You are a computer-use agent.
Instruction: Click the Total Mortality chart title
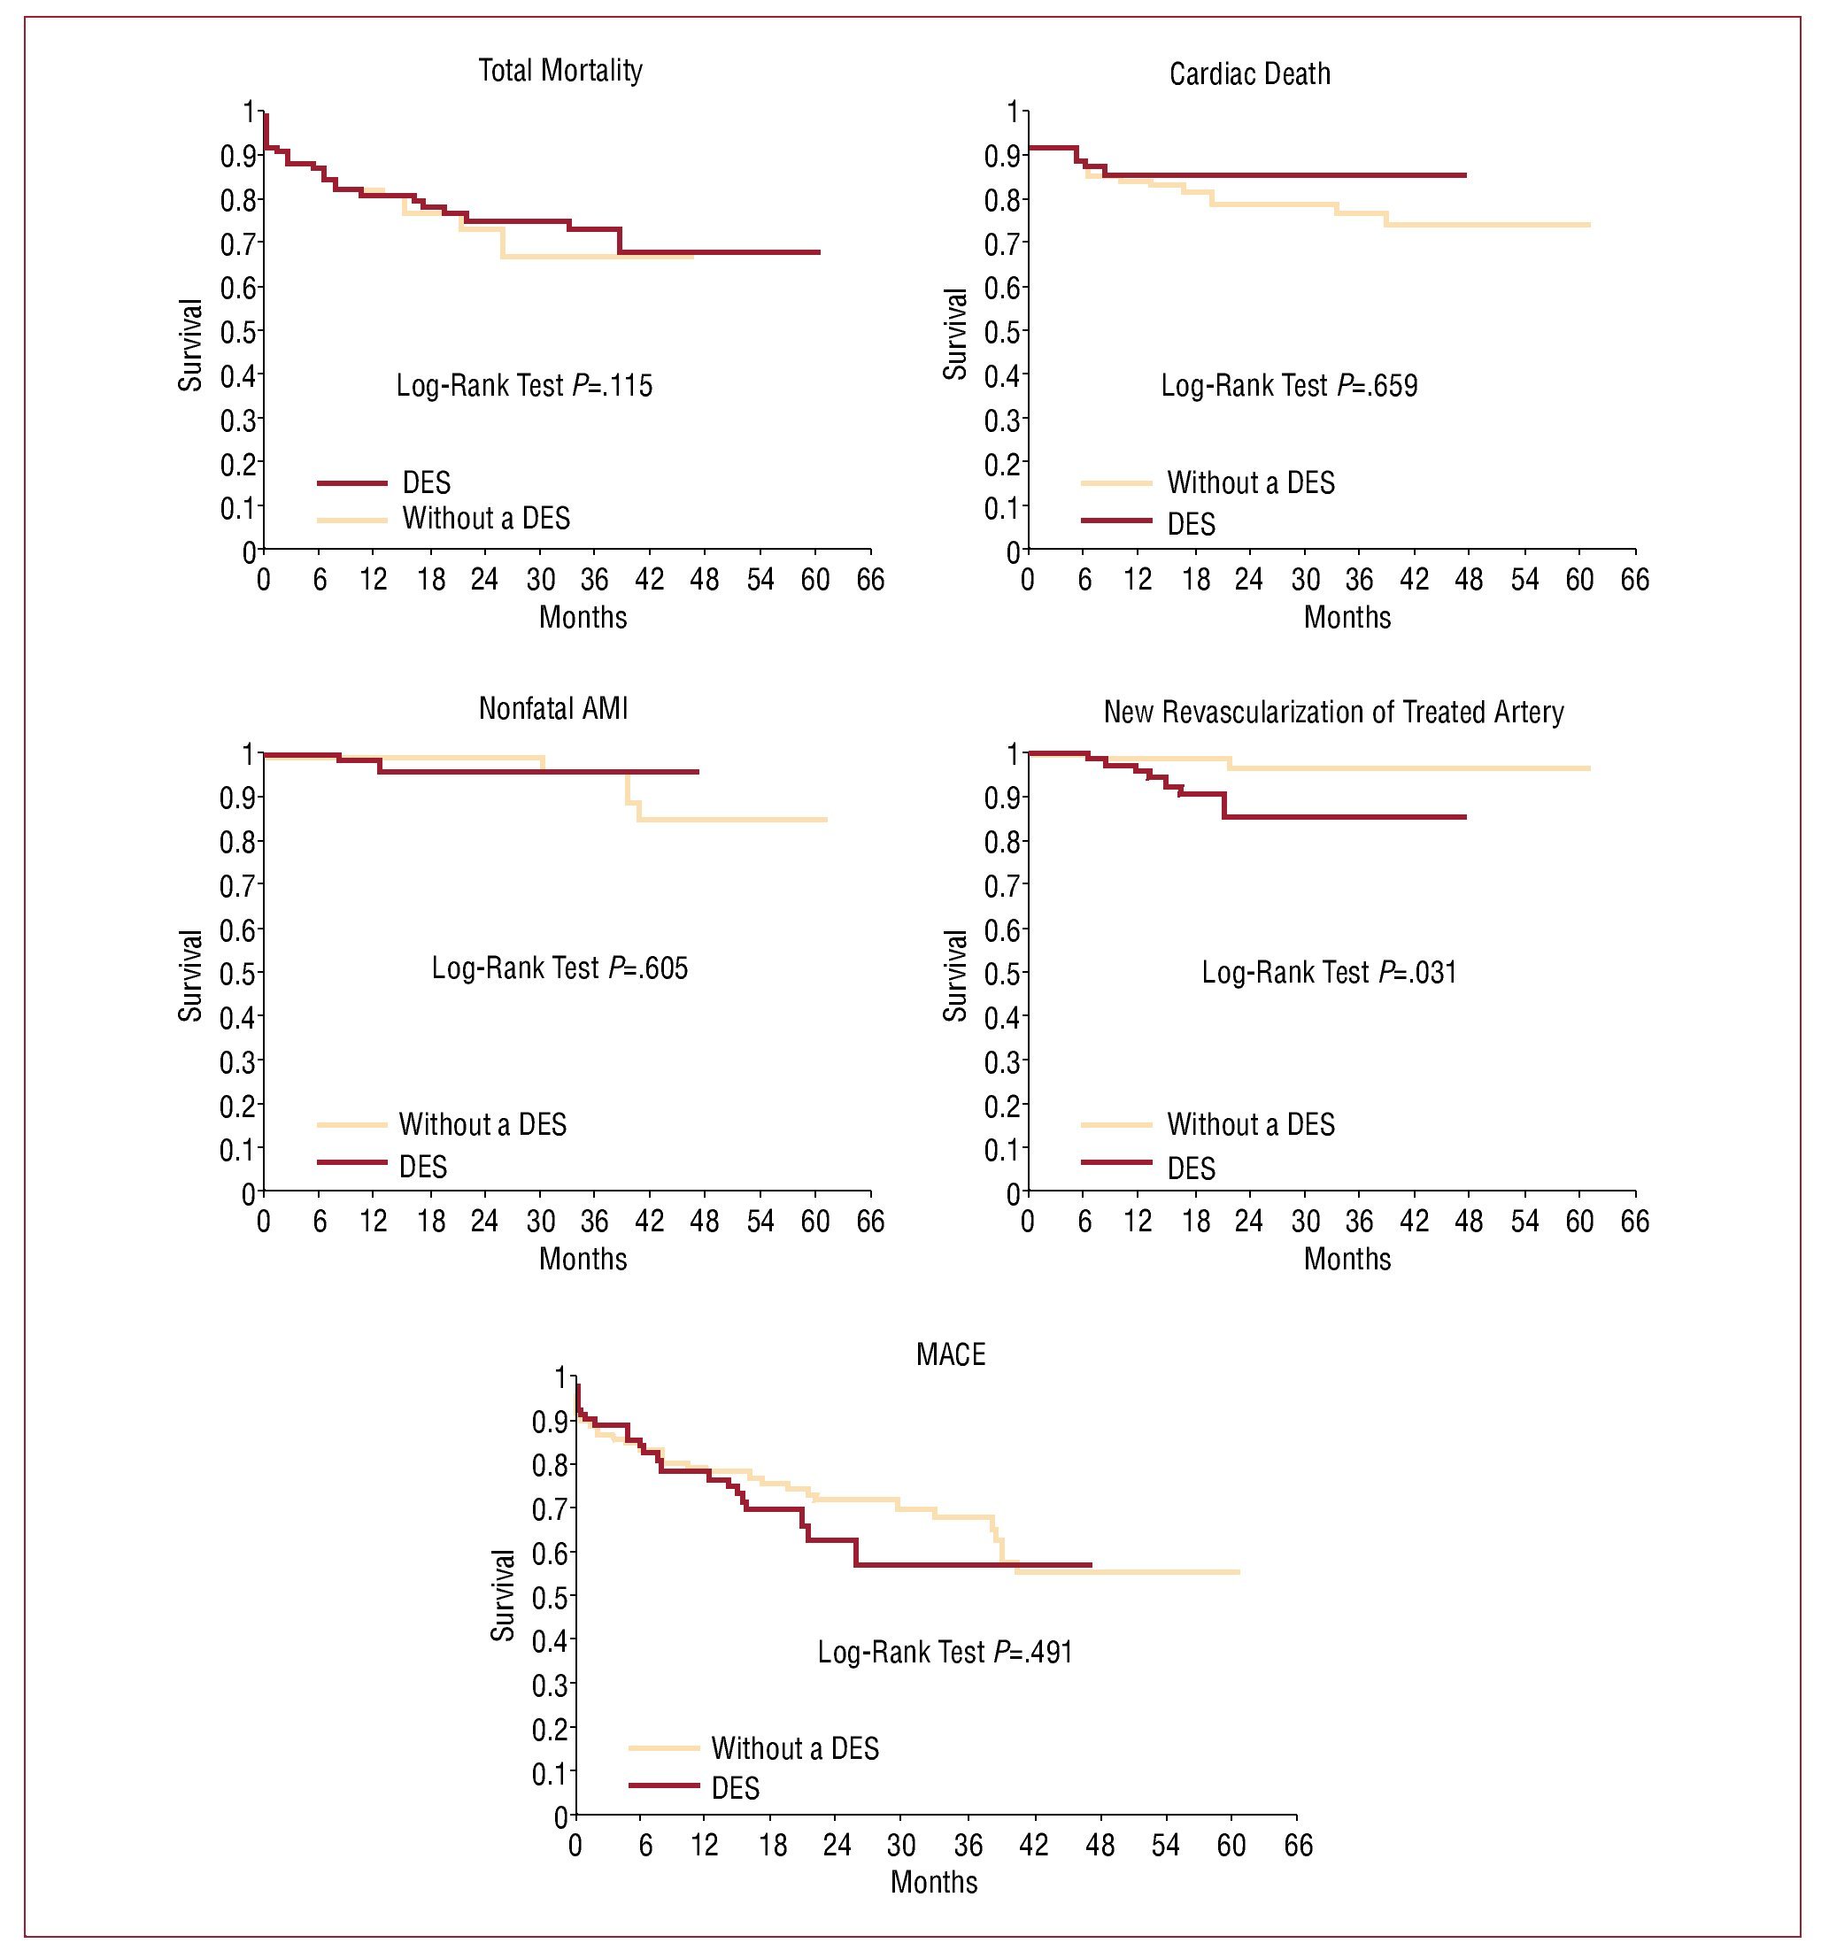pos(560,71)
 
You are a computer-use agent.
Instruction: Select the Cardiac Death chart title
pos(1249,74)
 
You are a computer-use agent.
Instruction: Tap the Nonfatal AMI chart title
pos(552,708)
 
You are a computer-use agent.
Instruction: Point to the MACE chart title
pos(950,1354)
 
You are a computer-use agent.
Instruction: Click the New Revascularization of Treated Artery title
pos(1332,712)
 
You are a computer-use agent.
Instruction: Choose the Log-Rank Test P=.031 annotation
pos(1329,972)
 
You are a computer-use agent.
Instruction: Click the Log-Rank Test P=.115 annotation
pos(524,385)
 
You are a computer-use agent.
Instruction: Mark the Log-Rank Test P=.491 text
pos(945,1652)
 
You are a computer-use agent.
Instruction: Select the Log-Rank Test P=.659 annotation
pos(1288,385)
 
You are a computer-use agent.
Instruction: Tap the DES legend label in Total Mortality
pos(427,482)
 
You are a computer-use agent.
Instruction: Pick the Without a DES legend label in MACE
pos(795,1748)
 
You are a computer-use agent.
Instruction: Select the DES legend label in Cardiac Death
pos(1192,524)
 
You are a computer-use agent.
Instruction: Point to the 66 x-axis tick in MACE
pos(1297,1845)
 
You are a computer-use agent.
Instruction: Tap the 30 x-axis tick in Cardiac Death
pos(1304,580)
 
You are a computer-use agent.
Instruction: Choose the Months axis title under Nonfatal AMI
pos(582,1259)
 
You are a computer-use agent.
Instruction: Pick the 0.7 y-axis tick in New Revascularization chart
pos(1002,885)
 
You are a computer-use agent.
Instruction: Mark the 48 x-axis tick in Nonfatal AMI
pos(705,1221)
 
